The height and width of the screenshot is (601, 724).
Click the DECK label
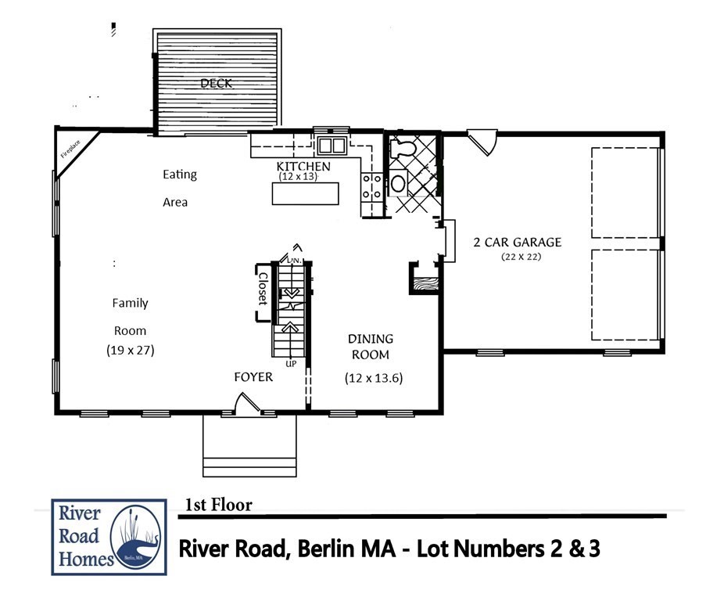click(x=217, y=83)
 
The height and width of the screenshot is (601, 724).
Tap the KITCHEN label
click(x=303, y=167)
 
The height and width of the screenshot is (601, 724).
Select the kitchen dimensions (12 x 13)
click(x=304, y=177)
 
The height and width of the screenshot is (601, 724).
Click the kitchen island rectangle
click(x=305, y=193)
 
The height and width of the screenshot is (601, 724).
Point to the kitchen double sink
click(x=332, y=145)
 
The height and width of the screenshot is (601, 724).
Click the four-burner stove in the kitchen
click(x=371, y=188)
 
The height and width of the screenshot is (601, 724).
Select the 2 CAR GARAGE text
click(x=517, y=242)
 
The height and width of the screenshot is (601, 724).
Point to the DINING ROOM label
click(x=371, y=346)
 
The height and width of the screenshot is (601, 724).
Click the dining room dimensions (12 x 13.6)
click(x=373, y=378)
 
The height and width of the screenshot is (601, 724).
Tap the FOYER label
click(x=253, y=377)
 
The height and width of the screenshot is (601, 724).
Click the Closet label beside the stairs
click(x=263, y=289)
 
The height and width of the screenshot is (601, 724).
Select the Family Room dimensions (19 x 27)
click(x=131, y=351)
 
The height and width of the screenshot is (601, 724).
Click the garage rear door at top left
click(x=479, y=142)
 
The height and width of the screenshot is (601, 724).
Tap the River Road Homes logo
click(x=109, y=536)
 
